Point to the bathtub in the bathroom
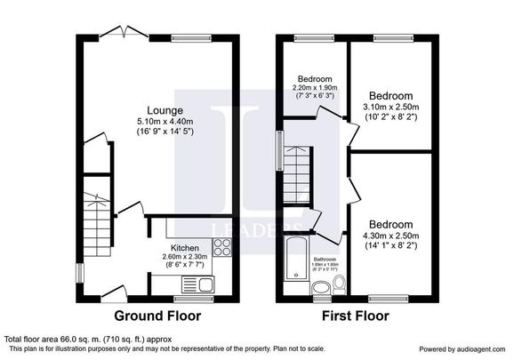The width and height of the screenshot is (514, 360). [x=294, y=262]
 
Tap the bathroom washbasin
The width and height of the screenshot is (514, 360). [x=321, y=286]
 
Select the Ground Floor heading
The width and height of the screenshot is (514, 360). [x=157, y=316]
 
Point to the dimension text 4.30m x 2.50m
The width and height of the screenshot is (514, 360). [x=391, y=236]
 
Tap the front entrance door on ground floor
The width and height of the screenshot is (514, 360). [x=114, y=292]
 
